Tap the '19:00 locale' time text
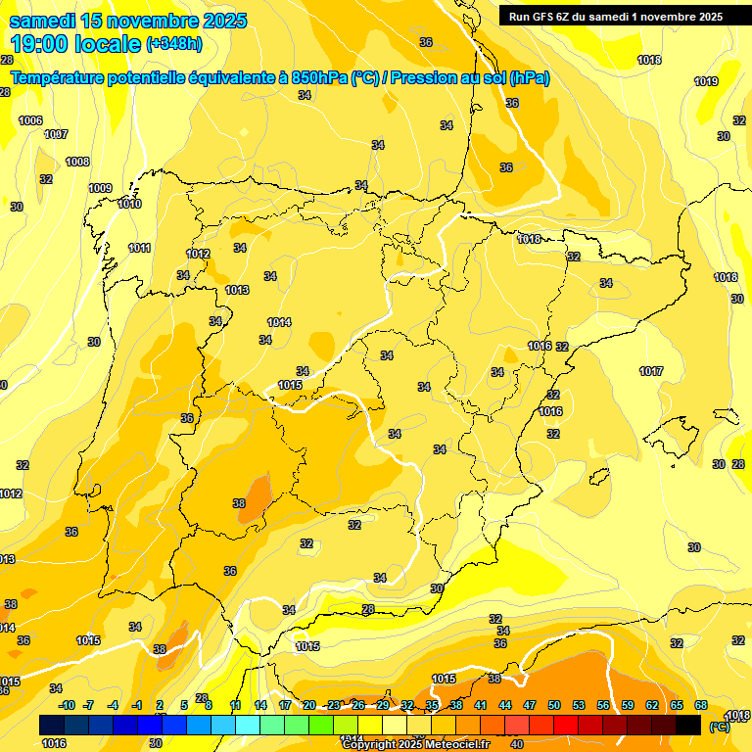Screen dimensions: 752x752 click(x=76, y=44)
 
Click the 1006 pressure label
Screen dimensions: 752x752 click(x=30, y=120)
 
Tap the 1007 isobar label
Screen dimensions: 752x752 click(x=56, y=134)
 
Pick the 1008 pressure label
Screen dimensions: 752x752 click(x=77, y=162)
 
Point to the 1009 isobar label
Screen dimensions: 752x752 click(x=100, y=188)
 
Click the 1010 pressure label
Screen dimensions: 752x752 click(x=129, y=204)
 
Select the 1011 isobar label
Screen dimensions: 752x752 click(x=139, y=248)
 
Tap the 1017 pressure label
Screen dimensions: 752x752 click(x=651, y=371)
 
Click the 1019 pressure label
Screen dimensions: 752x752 click(x=706, y=81)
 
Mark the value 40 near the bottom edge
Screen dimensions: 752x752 click(x=516, y=743)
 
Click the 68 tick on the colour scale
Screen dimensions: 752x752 click(x=701, y=705)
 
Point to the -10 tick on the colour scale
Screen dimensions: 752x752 click(x=67, y=705)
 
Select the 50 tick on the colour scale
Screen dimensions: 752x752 click(x=554, y=705)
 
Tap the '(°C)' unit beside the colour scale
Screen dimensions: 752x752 click(x=719, y=727)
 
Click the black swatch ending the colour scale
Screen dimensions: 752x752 click(x=688, y=725)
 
